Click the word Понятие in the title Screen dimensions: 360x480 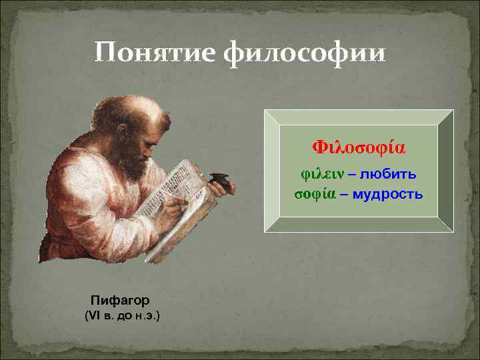[x=154, y=53]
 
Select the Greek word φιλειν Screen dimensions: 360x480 [x=320, y=174]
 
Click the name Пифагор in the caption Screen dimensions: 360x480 [x=121, y=300]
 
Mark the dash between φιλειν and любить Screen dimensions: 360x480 [x=351, y=175]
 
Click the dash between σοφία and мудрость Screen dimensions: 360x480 [x=347, y=195]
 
